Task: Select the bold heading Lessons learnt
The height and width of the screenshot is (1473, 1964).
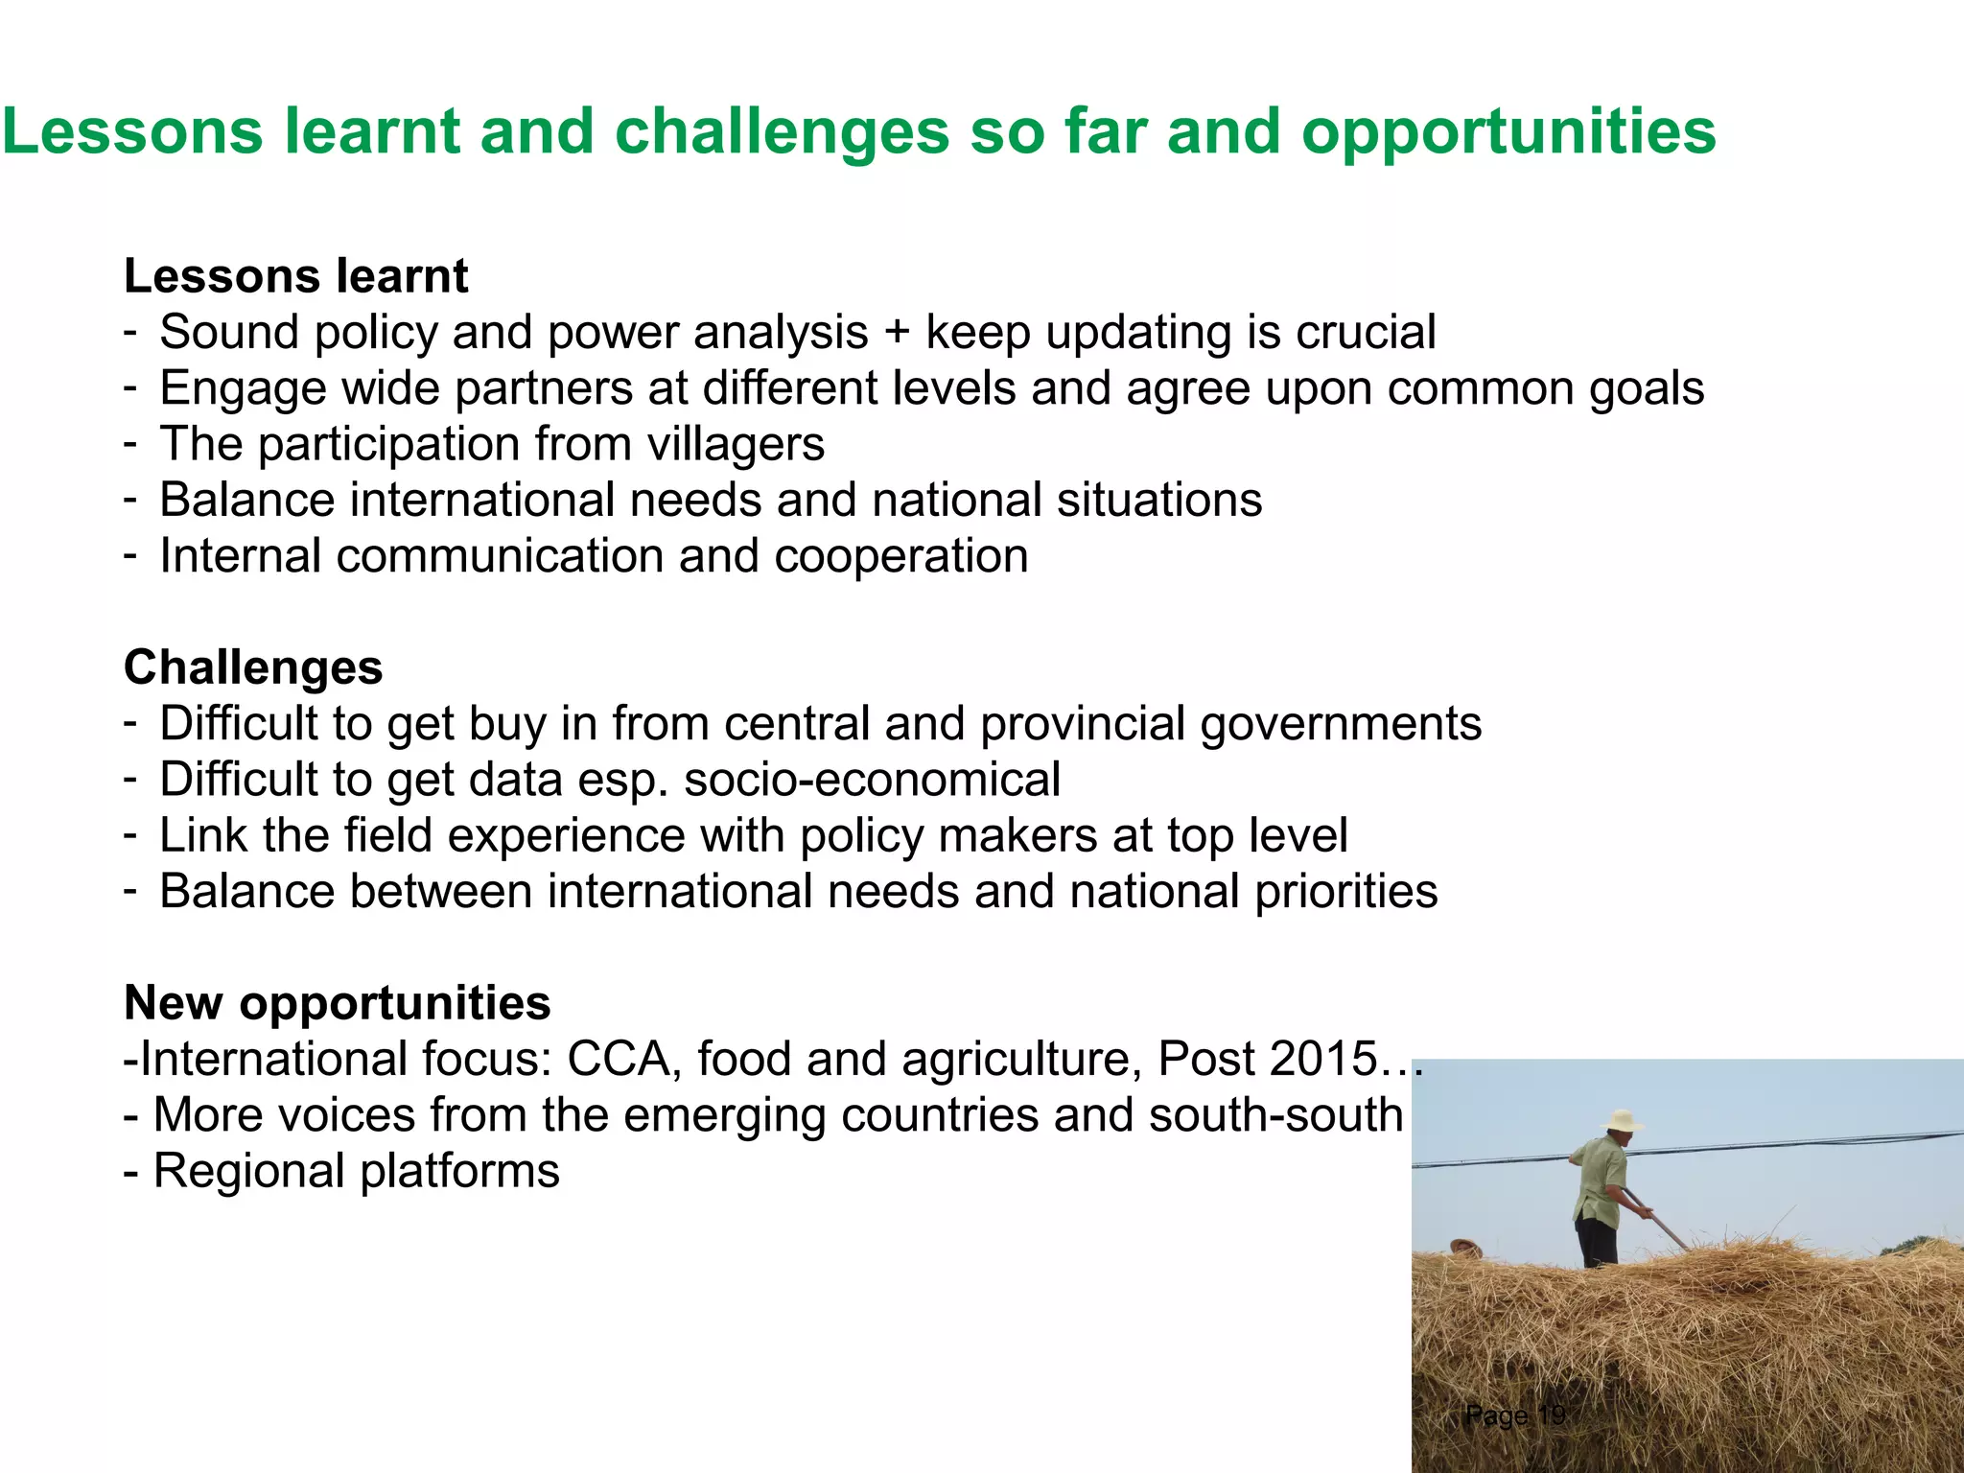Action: click(295, 276)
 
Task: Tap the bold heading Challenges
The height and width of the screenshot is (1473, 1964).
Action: click(253, 667)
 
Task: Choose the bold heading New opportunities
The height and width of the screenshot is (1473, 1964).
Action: click(338, 1003)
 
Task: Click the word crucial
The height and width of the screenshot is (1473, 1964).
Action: click(1366, 333)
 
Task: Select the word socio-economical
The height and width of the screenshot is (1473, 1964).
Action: click(872, 779)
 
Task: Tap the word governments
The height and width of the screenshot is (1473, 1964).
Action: click(1341, 724)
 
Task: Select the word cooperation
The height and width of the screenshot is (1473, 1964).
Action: click(900, 556)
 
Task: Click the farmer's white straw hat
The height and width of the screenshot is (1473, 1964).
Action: click(1622, 1120)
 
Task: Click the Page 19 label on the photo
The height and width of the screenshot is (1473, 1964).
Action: click(1515, 1415)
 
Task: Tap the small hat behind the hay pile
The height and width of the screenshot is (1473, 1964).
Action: click(1465, 1247)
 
